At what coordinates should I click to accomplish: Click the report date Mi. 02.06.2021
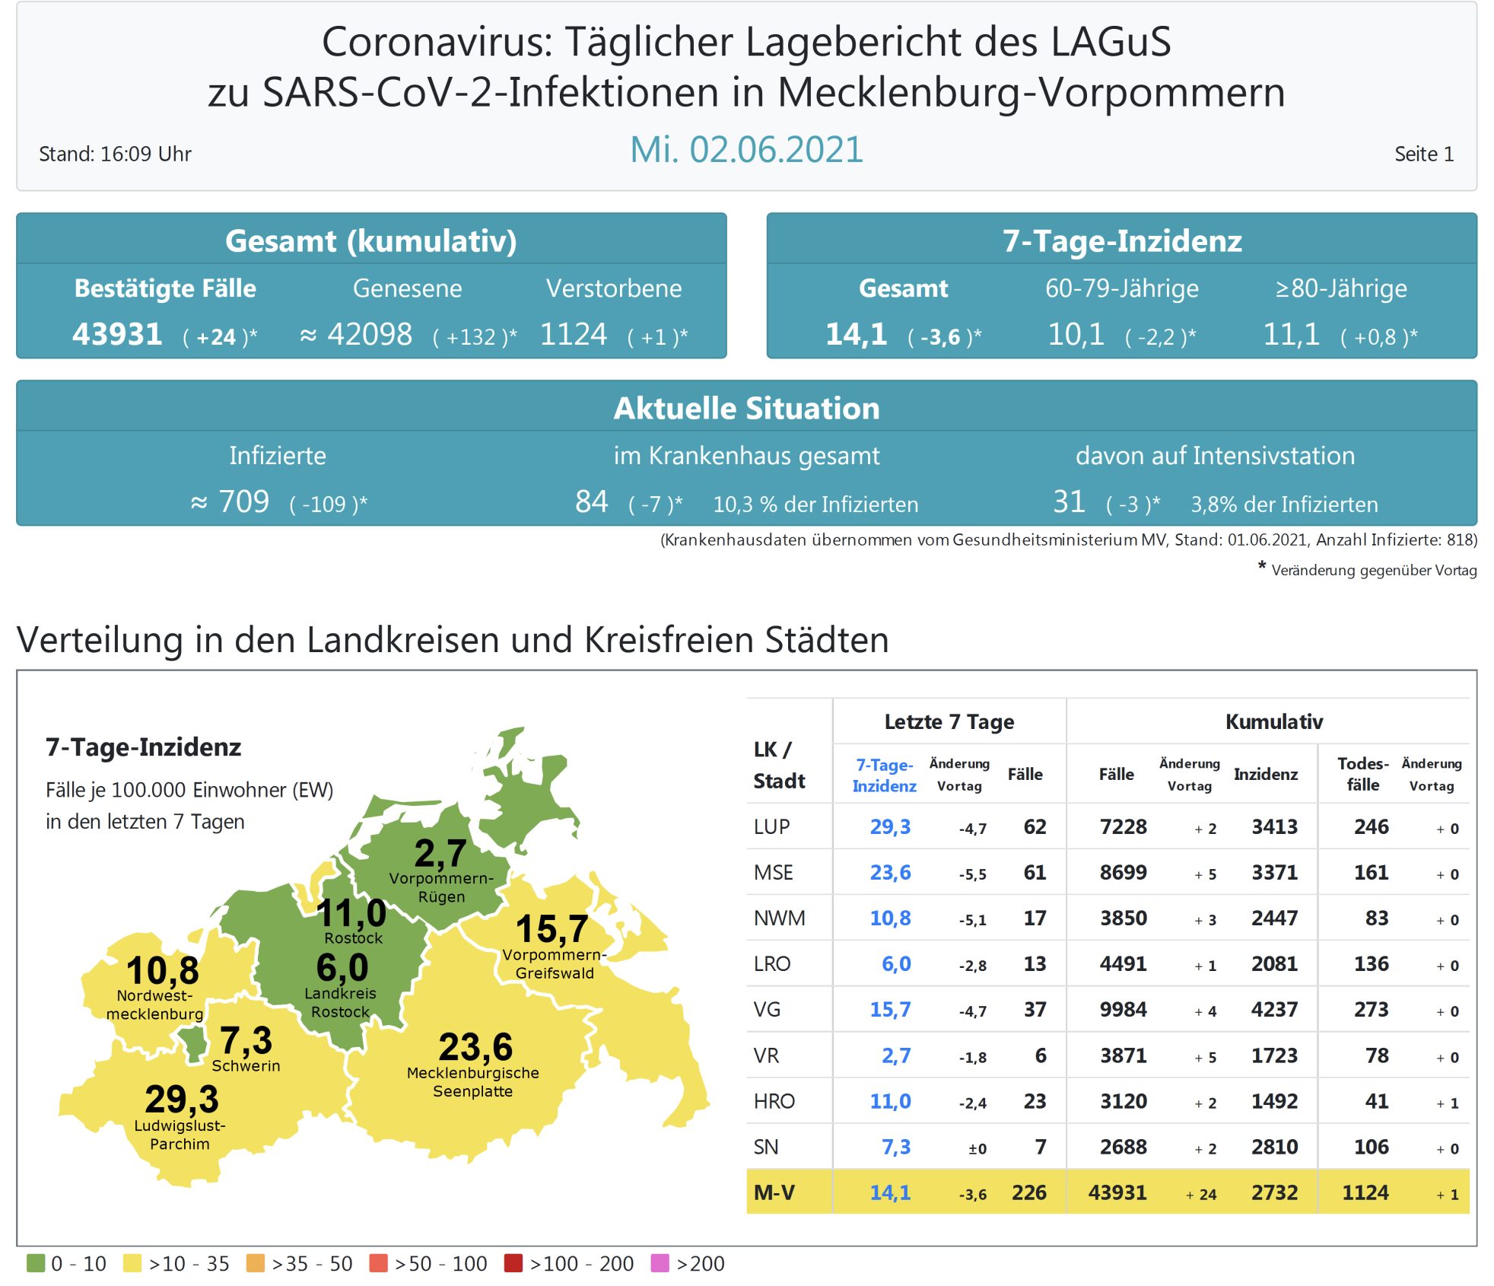coord(746,150)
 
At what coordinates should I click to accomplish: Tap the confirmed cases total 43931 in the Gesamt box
coord(117,334)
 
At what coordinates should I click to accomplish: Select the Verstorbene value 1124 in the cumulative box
coord(574,334)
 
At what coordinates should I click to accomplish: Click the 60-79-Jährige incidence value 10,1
coord(1076,334)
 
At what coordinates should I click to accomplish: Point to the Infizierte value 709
coord(243,501)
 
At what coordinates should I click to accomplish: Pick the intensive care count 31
coord(1069,501)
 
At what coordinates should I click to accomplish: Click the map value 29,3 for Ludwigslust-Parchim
coord(182,1099)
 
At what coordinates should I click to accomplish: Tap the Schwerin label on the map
coord(246,1065)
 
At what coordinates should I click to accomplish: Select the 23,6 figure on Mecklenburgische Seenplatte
coord(475,1047)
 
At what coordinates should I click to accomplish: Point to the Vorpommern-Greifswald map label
coord(555,964)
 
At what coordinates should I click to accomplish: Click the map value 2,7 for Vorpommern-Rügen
coord(440,853)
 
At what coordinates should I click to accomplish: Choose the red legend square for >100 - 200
coord(513,1263)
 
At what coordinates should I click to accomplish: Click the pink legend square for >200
coord(660,1263)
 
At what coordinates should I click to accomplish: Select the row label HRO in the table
coord(774,1101)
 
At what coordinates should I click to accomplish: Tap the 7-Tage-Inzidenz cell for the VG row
coord(890,1010)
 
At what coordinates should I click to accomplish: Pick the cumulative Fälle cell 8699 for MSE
coord(1123,873)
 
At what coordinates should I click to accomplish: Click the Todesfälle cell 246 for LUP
coord(1371,827)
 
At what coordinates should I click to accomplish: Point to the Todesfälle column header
coord(1362,774)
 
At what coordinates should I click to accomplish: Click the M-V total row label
coord(774,1192)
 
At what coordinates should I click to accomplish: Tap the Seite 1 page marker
coord(1423,154)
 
